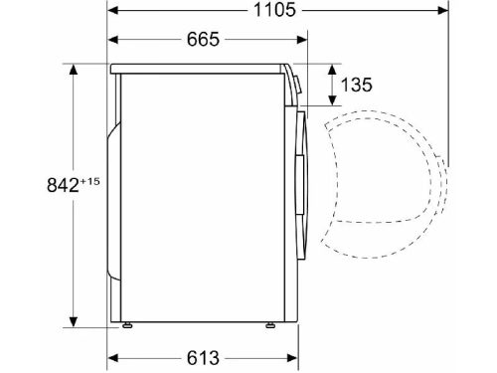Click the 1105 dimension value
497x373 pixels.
click(x=274, y=10)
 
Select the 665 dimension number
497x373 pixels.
click(x=203, y=40)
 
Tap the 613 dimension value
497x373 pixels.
click(x=203, y=358)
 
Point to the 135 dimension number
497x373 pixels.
click(x=357, y=85)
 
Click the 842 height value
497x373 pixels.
click(x=63, y=185)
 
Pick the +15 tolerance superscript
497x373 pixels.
click(x=89, y=181)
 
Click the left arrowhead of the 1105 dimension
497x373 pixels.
click(x=113, y=10)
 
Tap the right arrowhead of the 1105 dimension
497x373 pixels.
click(x=443, y=10)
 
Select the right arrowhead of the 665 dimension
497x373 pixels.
click(x=302, y=40)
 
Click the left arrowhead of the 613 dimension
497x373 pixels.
click(x=113, y=358)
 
